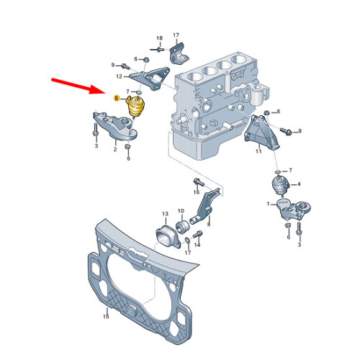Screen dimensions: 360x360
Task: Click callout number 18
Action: pyautogui.click(x=159, y=37)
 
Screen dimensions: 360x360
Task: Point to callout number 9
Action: pyautogui.click(x=113, y=66)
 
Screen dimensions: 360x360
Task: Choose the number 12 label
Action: pyautogui.click(x=119, y=75)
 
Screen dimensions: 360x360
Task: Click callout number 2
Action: pyautogui.click(x=114, y=150)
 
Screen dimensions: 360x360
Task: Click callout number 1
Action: pyautogui.click(x=269, y=204)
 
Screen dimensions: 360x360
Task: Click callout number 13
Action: pyautogui.click(x=164, y=214)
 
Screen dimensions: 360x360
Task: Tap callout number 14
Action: pyautogui.click(x=198, y=245)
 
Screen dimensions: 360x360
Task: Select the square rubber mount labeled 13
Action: pyautogui.click(x=166, y=235)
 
